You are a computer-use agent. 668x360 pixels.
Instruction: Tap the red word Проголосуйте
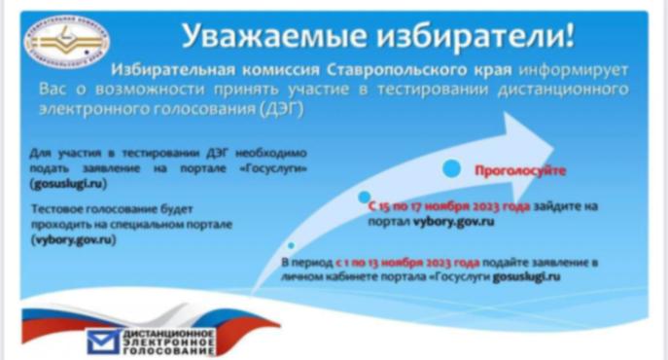coord(519,171)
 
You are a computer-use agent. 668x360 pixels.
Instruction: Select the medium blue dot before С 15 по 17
coord(361,198)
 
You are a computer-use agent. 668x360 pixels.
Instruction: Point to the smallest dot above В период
coord(290,246)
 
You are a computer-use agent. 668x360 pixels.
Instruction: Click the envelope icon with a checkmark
coord(101,341)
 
